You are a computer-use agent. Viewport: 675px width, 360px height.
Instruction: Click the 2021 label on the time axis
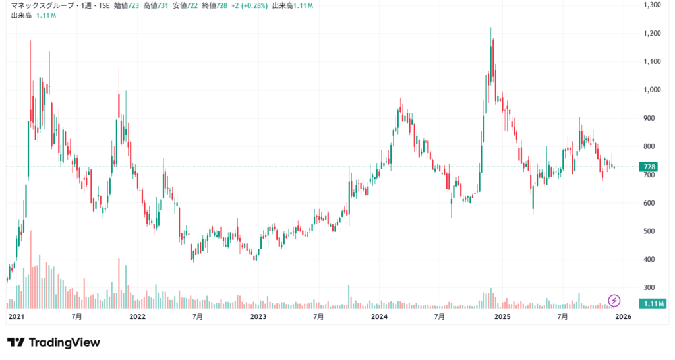pyautogui.click(x=16, y=317)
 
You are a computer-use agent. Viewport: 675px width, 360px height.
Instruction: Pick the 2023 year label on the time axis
pyautogui.click(x=258, y=317)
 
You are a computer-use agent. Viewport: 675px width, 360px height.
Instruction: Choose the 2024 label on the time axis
pyautogui.click(x=380, y=317)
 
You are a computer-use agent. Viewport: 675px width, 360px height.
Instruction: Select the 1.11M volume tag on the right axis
pyautogui.click(x=652, y=303)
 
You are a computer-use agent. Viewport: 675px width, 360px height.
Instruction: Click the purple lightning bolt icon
pyautogui.click(x=614, y=301)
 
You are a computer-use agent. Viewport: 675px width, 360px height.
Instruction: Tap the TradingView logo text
pyautogui.click(x=53, y=343)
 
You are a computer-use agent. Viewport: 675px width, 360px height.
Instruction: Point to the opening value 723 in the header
pyautogui.click(x=134, y=5)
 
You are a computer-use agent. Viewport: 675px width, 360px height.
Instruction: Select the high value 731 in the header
pyautogui.click(x=163, y=5)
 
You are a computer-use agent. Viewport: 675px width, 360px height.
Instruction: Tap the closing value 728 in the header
pyautogui.click(x=221, y=5)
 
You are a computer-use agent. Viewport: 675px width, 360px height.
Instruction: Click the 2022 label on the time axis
pyautogui.click(x=138, y=317)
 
